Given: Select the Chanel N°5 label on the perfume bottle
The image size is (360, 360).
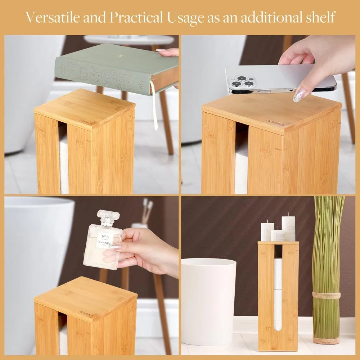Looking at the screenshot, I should pos(104,239).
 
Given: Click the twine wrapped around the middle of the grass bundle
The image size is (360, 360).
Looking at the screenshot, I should pos(326,295).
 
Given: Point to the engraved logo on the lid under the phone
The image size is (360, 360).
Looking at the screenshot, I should pos(275,123).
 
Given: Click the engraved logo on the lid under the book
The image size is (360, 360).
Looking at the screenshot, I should pos(86,122).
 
